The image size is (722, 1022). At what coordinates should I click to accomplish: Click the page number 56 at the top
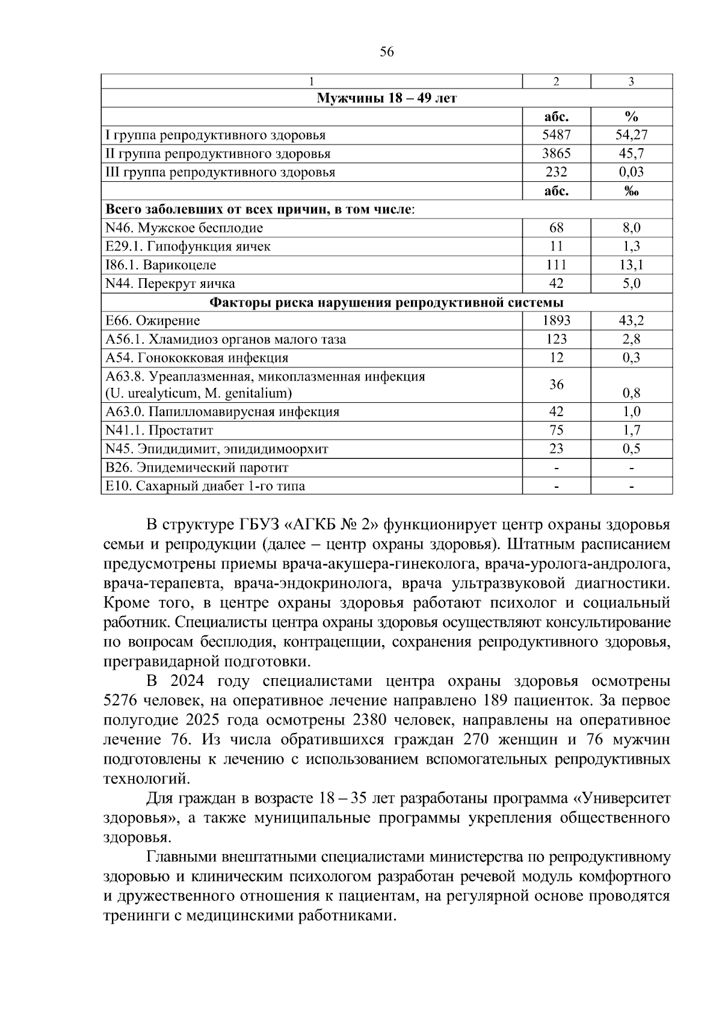tap(387, 52)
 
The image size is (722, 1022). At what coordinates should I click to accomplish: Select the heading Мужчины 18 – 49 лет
tap(386, 98)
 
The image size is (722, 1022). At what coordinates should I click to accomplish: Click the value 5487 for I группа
tap(556, 136)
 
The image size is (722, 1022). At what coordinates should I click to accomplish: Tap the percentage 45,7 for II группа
tap(631, 154)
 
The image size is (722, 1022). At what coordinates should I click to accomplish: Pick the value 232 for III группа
tap(556, 172)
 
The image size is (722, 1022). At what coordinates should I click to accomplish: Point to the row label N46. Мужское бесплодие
tap(184, 228)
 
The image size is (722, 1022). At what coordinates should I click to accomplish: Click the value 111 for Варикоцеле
tap(556, 265)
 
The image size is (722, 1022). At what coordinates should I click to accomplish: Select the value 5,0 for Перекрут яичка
tap(631, 284)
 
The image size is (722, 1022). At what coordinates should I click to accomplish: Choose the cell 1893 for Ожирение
tap(556, 321)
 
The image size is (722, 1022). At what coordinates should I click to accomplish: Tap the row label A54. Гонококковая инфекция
tap(197, 358)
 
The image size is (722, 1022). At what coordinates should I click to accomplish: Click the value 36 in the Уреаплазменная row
tap(556, 384)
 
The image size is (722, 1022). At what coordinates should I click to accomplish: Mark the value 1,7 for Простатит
tap(631, 431)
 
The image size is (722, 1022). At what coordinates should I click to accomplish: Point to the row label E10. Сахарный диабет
tap(205, 486)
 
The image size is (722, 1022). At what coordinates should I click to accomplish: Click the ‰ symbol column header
tap(631, 192)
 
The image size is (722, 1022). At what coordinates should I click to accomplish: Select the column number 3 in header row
tap(631, 82)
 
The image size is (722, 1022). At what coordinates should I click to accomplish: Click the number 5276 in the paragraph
tap(123, 701)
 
